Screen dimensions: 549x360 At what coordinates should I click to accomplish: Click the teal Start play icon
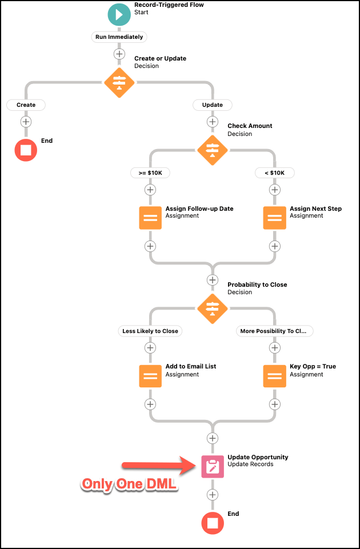(x=119, y=14)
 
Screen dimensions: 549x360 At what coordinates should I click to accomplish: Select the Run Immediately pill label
(x=119, y=37)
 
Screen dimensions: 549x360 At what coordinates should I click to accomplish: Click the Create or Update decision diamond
(x=119, y=83)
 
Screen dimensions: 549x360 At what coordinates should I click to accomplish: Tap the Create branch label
(x=26, y=105)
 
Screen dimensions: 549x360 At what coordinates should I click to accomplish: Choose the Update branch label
(x=212, y=105)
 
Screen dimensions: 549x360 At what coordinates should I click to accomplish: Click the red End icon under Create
(x=26, y=150)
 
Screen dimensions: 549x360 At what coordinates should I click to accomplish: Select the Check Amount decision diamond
(x=212, y=150)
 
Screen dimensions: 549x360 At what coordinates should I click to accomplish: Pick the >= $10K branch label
(x=150, y=173)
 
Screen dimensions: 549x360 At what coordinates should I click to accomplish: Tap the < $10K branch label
(x=274, y=173)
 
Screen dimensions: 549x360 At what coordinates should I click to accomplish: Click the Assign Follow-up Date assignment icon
(x=150, y=218)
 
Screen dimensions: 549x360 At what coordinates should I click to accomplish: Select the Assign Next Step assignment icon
(x=274, y=218)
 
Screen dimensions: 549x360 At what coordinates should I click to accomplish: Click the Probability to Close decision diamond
(x=212, y=308)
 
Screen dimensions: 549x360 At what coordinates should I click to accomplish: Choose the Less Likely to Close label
(x=150, y=331)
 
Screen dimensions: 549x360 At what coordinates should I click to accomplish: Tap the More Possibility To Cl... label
(x=274, y=331)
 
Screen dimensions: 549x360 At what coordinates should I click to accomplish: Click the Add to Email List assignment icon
(x=150, y=376)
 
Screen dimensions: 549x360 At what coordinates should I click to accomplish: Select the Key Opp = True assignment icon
(x=274, y=376)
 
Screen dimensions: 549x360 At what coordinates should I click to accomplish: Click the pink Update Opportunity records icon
(x=212, y=466)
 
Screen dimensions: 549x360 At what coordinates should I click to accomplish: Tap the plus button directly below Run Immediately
(x=119, y=54)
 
